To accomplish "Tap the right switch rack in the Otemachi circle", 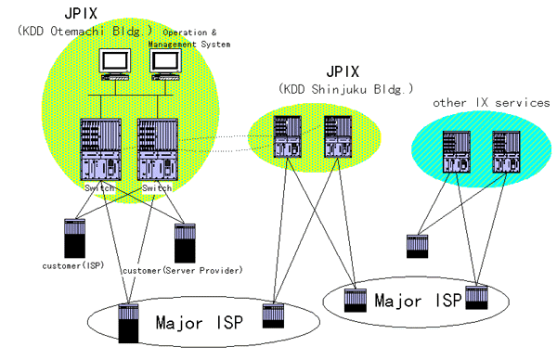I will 152,148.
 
